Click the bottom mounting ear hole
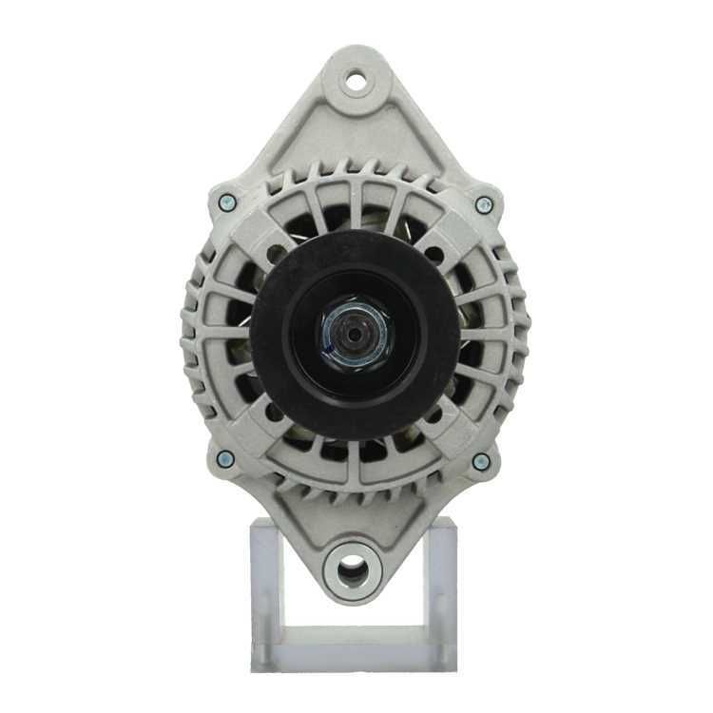pyautogui.click(x=352, y=568)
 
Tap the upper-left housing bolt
pyautogui.click(x=226, y=202)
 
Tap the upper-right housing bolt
pyautogui.click(x=483, y=203)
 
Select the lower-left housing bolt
pyautogui.click(x=225, y=459)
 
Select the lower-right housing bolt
pyautogui.click(x=481, y=462)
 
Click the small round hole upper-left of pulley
pyautogui.click(x=277, y=254)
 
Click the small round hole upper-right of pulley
pyautogui.click(x=434, y=254)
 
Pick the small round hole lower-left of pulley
pyautogui.click(x=276, y=413)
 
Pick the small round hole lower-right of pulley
pyautogui.click(x=434, y=414)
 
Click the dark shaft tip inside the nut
pyautogui.click(x=354, y=334)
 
